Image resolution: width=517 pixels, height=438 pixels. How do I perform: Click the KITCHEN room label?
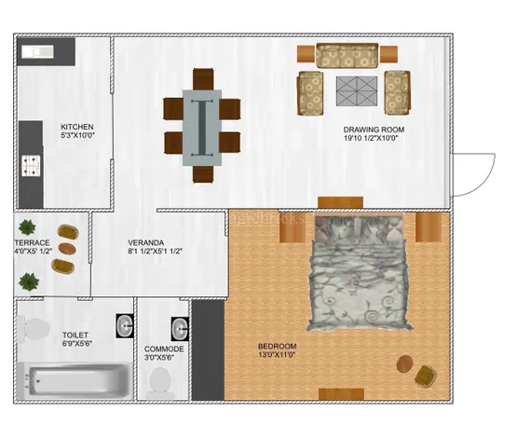tap(76, 128)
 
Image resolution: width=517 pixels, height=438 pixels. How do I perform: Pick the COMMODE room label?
tap(164, 349)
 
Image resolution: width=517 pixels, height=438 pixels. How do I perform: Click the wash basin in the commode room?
tap(180, 329)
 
